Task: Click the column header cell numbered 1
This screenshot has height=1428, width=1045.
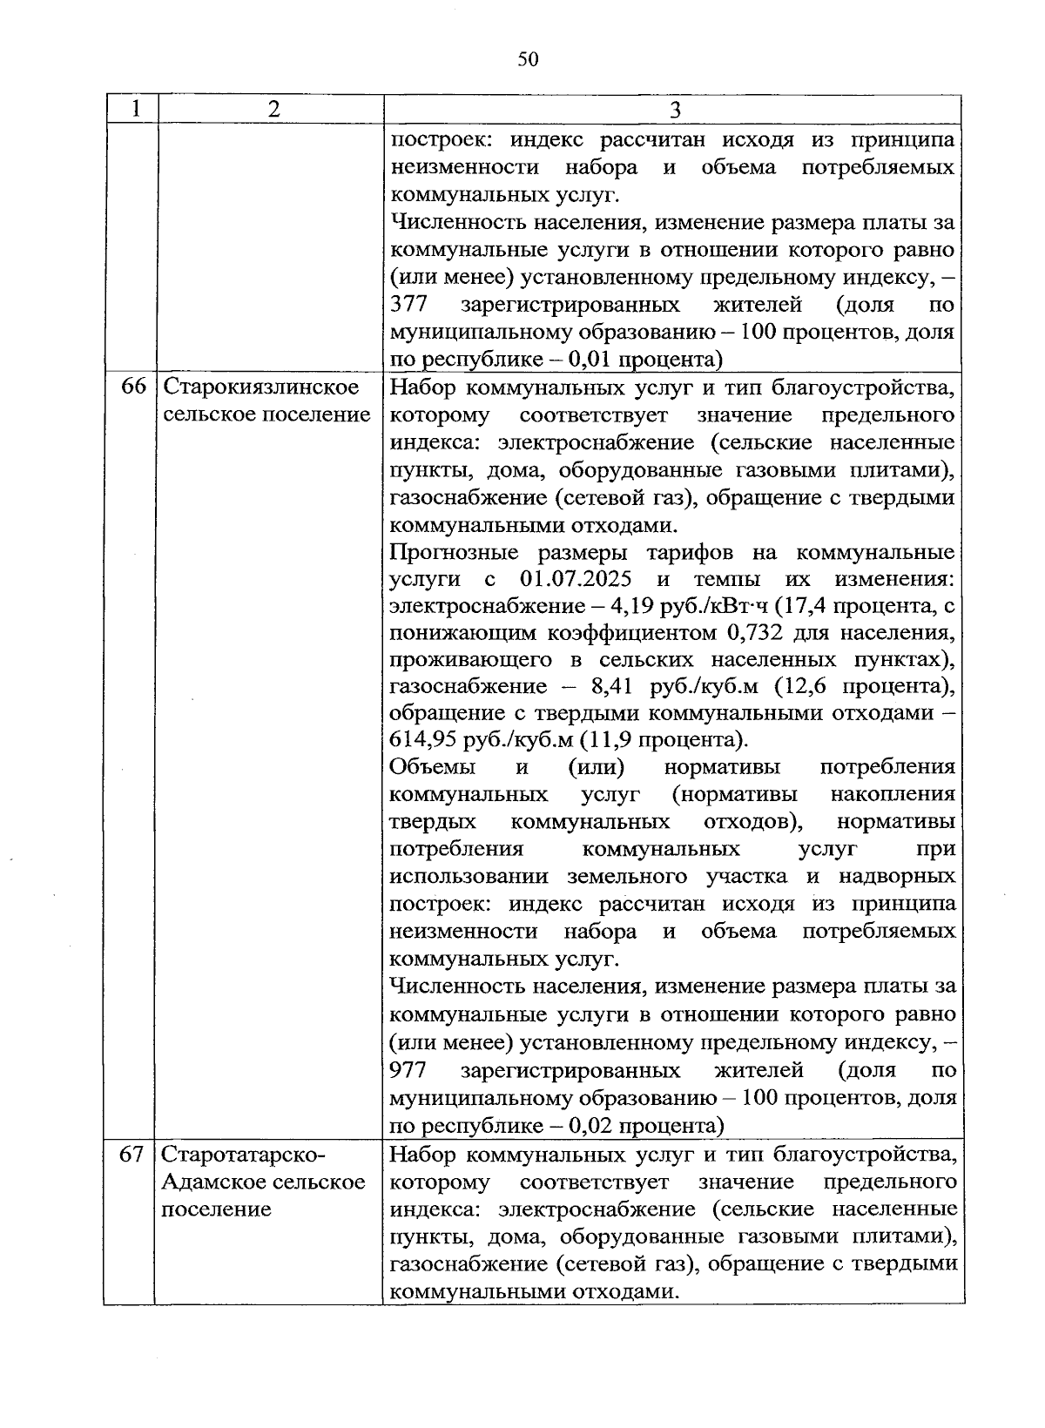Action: click(x=134, y=110)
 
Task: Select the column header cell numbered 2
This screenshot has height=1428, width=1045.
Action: click(x=273, y=110)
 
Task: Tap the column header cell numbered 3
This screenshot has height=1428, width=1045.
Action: click(x=675, y=110)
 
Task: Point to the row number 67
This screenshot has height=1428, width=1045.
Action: click(x=132, y=1155)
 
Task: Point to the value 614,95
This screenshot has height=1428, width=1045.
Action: click(x=423, y=741)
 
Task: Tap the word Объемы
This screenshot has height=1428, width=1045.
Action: click(x=433, y=768)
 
